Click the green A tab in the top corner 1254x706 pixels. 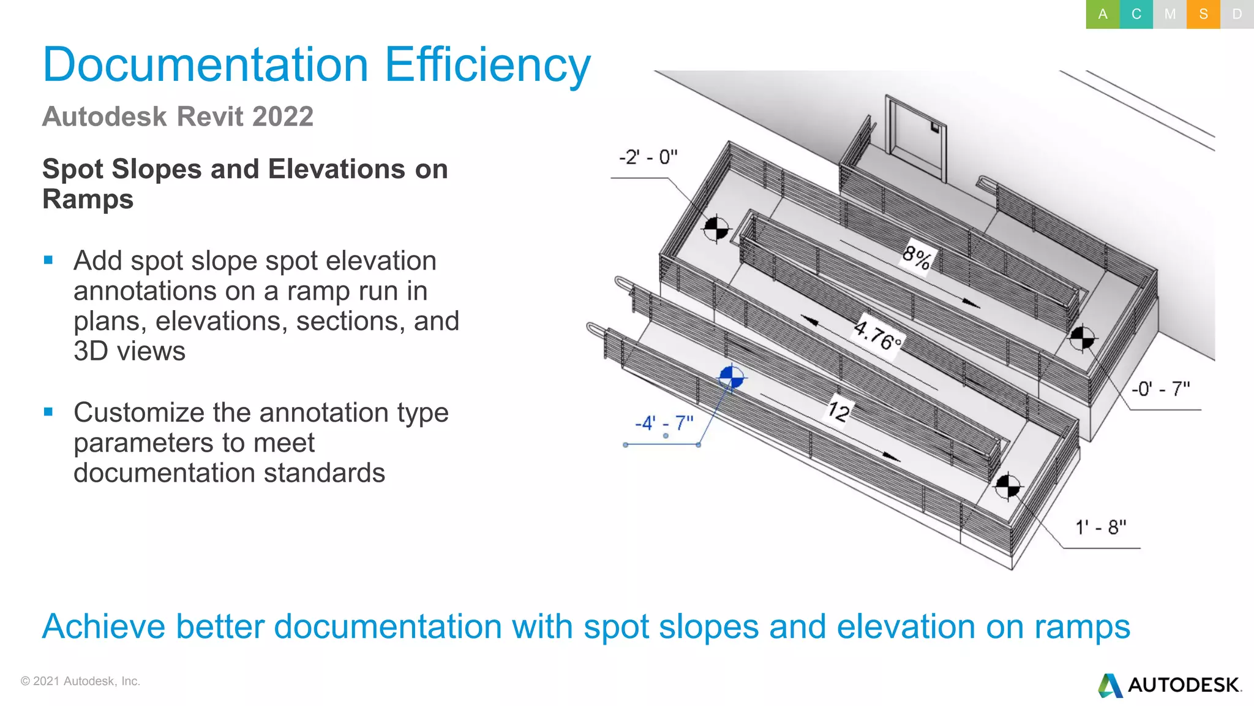[x=1102, y=14]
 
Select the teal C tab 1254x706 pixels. [x=1136, y=14]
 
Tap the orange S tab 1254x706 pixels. [x=1203, y=14]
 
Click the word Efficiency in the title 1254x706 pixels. [x=487, y=65]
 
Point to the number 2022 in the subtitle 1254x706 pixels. [x=282, y=116]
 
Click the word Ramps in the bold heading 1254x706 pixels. [x=88, y=199]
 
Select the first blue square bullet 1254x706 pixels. [x=49, y=260]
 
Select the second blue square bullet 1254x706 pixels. [x=49, y=412]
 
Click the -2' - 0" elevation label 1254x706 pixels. [x=648, y=158]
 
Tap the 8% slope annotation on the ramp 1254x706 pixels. [x=917, y=257]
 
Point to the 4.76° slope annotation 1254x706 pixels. [x=877, y=335]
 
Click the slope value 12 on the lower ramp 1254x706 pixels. [x=839, y=410]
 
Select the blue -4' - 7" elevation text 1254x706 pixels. [x=664, y=423]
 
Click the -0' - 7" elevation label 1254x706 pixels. [x=1160, y=389]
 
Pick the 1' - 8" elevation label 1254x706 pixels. [x=1100, y=527]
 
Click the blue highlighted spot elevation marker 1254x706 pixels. [x=731, y=378]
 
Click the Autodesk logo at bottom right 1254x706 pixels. [x=1170, y=685]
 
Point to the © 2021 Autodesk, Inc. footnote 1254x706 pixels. [x=80, y=681]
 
